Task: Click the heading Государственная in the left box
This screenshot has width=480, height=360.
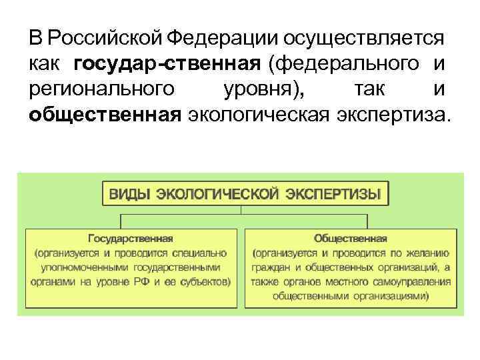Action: [130, 238]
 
